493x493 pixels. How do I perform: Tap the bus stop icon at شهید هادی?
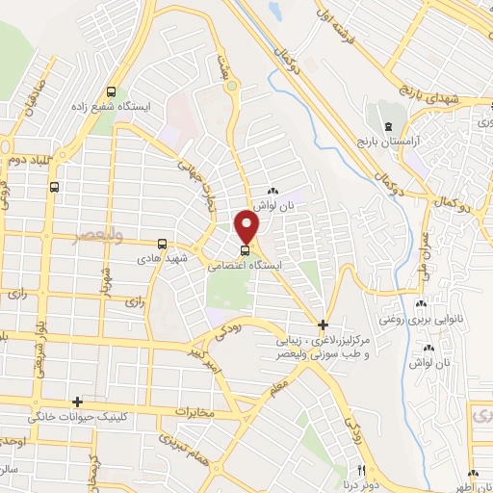162,244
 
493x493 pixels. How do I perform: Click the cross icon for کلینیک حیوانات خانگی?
77,402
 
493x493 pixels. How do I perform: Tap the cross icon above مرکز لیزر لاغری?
323,324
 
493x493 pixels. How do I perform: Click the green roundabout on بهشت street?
231,87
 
